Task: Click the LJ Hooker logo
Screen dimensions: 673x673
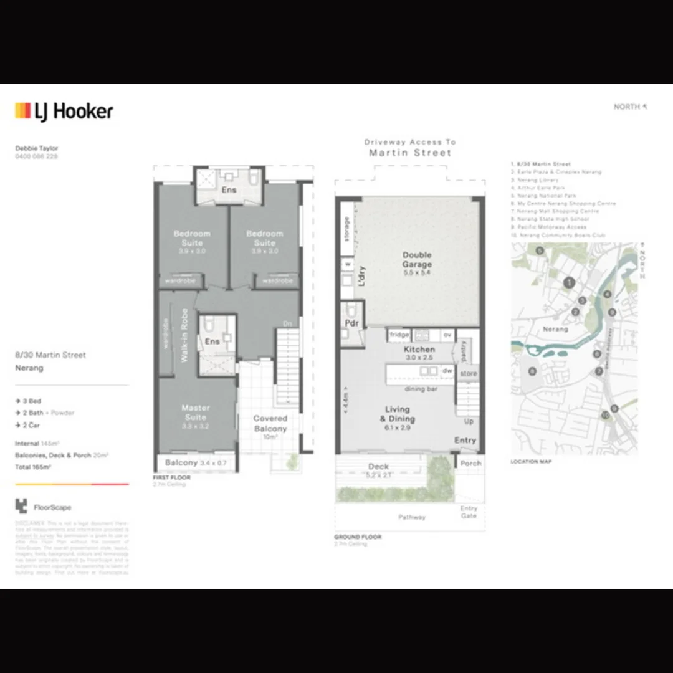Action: [64, 112]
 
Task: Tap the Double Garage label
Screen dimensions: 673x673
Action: [416, 259]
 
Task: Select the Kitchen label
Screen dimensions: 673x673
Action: [419, 350]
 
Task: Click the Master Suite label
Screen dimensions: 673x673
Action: [196, 412]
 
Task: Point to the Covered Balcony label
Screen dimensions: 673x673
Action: [270, 424]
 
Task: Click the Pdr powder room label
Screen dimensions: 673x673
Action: [351, 323]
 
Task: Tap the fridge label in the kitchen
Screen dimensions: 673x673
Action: [399, 335]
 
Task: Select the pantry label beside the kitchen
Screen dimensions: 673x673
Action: [464, 350]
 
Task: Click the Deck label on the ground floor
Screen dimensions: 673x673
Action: [378, 466]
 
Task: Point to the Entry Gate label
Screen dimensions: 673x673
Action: [469, 512]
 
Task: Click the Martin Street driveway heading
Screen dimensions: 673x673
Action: [410, 152]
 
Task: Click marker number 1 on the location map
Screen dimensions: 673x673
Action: [568, 283]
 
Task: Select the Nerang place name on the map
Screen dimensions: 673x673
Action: [555, 328]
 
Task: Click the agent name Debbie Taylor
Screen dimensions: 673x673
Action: [36, 148]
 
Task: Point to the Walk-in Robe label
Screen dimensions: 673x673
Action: [184, 336]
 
